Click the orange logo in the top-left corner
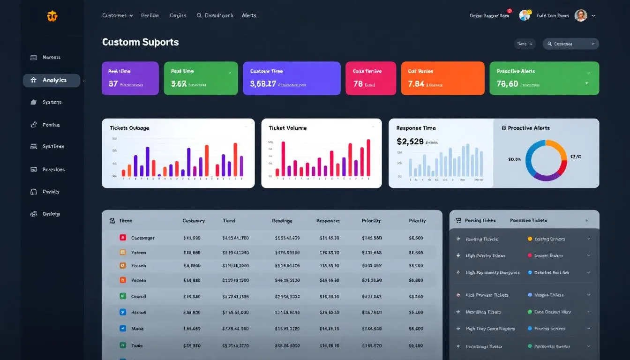pos(52,16)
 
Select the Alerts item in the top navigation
pos(249,15)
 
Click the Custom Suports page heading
pos(140,42)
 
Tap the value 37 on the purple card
pos(113,84)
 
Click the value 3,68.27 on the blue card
pos(263,84)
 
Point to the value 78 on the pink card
pos(358,84)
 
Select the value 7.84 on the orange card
pos(416,84)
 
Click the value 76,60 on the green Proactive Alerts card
pos(507,84)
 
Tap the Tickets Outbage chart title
pos(129,128)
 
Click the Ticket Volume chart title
pos(287,128)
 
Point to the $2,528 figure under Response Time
pos(410,141)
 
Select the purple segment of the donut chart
pos(544,177)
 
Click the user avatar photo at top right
pos(581,15)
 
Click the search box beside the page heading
pos(570,44)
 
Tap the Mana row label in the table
pos(137,329)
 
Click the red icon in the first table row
pos(122,238)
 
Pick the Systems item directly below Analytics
pos(52,102)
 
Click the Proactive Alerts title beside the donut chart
pos(529,128)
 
